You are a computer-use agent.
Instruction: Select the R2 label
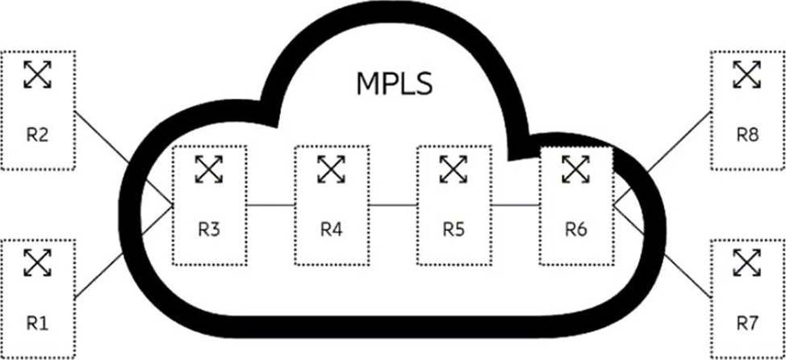pyautogui.click(x=37, y=134)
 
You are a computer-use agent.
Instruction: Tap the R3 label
pyautogui.click(x=209, y=229)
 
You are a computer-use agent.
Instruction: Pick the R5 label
pyautogui.click(x=454, y=229)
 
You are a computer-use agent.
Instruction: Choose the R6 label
pyautogui.click(x=576, y=229)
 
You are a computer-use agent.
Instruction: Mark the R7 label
pyautogui.click(x=747, y=323)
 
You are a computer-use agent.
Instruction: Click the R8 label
pyautogui.click(x=747, y=134)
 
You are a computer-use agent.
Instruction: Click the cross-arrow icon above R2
pyautogui.click(x=37, y=74)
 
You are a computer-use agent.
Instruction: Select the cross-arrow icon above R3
pyautogui.click(x=209, y=169)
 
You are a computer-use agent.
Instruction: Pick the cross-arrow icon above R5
pyautogui.click(x=454, y=169)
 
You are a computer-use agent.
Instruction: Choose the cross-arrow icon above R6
pyautogui.click(x=576, y=169)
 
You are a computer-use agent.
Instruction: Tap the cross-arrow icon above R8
pyautogui.click(x=747, y=74)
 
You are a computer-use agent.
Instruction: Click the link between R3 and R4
pyautogui.click(x=270, y=205)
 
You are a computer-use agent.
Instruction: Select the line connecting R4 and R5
pyautogui.click(x=392, y=205)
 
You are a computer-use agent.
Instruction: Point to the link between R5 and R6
pyautogui.click(x=515, y=205)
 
